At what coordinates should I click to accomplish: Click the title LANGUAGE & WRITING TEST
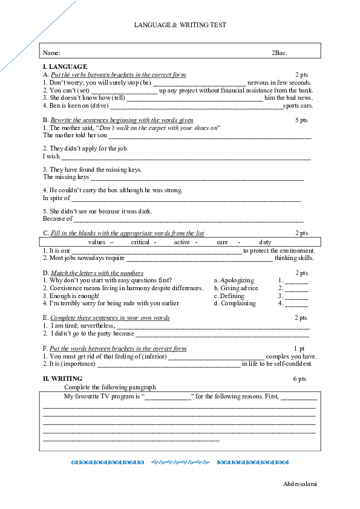[180, 25]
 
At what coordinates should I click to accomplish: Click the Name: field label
[51, 54]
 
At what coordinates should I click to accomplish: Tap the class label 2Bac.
[279, 54]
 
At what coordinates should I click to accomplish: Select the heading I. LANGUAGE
[65, 66]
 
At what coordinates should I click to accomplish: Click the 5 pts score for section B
[301, 120]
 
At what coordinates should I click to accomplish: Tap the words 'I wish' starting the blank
[51, 157]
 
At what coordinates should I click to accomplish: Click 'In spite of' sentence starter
[56, 198]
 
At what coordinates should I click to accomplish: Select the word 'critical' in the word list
[140, 242]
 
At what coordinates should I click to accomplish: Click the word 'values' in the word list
[97, 242]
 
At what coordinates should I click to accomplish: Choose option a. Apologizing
[234, 280]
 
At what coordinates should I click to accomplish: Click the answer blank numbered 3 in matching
[296, 296]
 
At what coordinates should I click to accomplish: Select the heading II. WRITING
[62, 378]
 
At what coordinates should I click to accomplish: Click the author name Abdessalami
[300, 484]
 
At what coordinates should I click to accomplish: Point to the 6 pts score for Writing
[299, 378]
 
